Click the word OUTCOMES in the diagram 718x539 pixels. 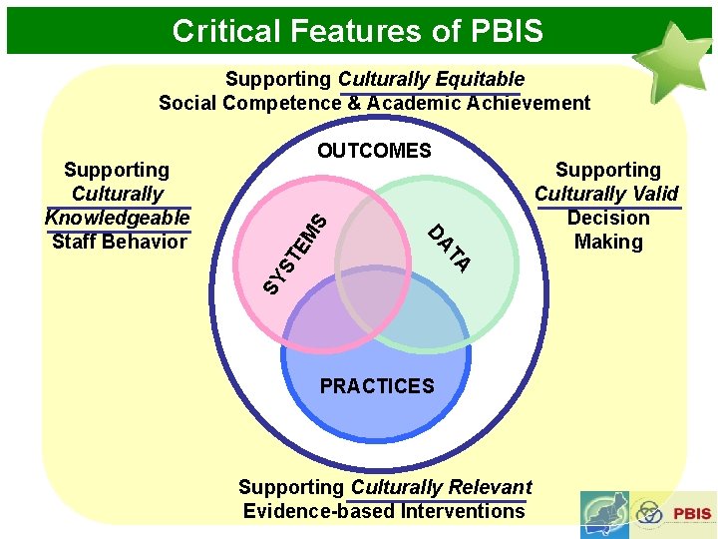coord(374,151)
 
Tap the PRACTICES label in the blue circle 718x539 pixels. coord(377,386)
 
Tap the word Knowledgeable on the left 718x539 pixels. coord(118,218)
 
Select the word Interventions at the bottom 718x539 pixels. coord(462,511)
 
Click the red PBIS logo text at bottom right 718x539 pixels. coord(692,514)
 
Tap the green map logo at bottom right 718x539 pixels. coord(604,514)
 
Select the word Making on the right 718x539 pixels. coord(608,242)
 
